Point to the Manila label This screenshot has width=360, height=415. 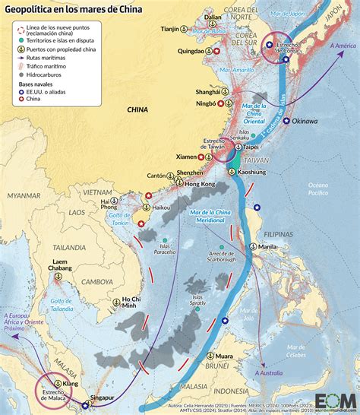click(x=267, y=247)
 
